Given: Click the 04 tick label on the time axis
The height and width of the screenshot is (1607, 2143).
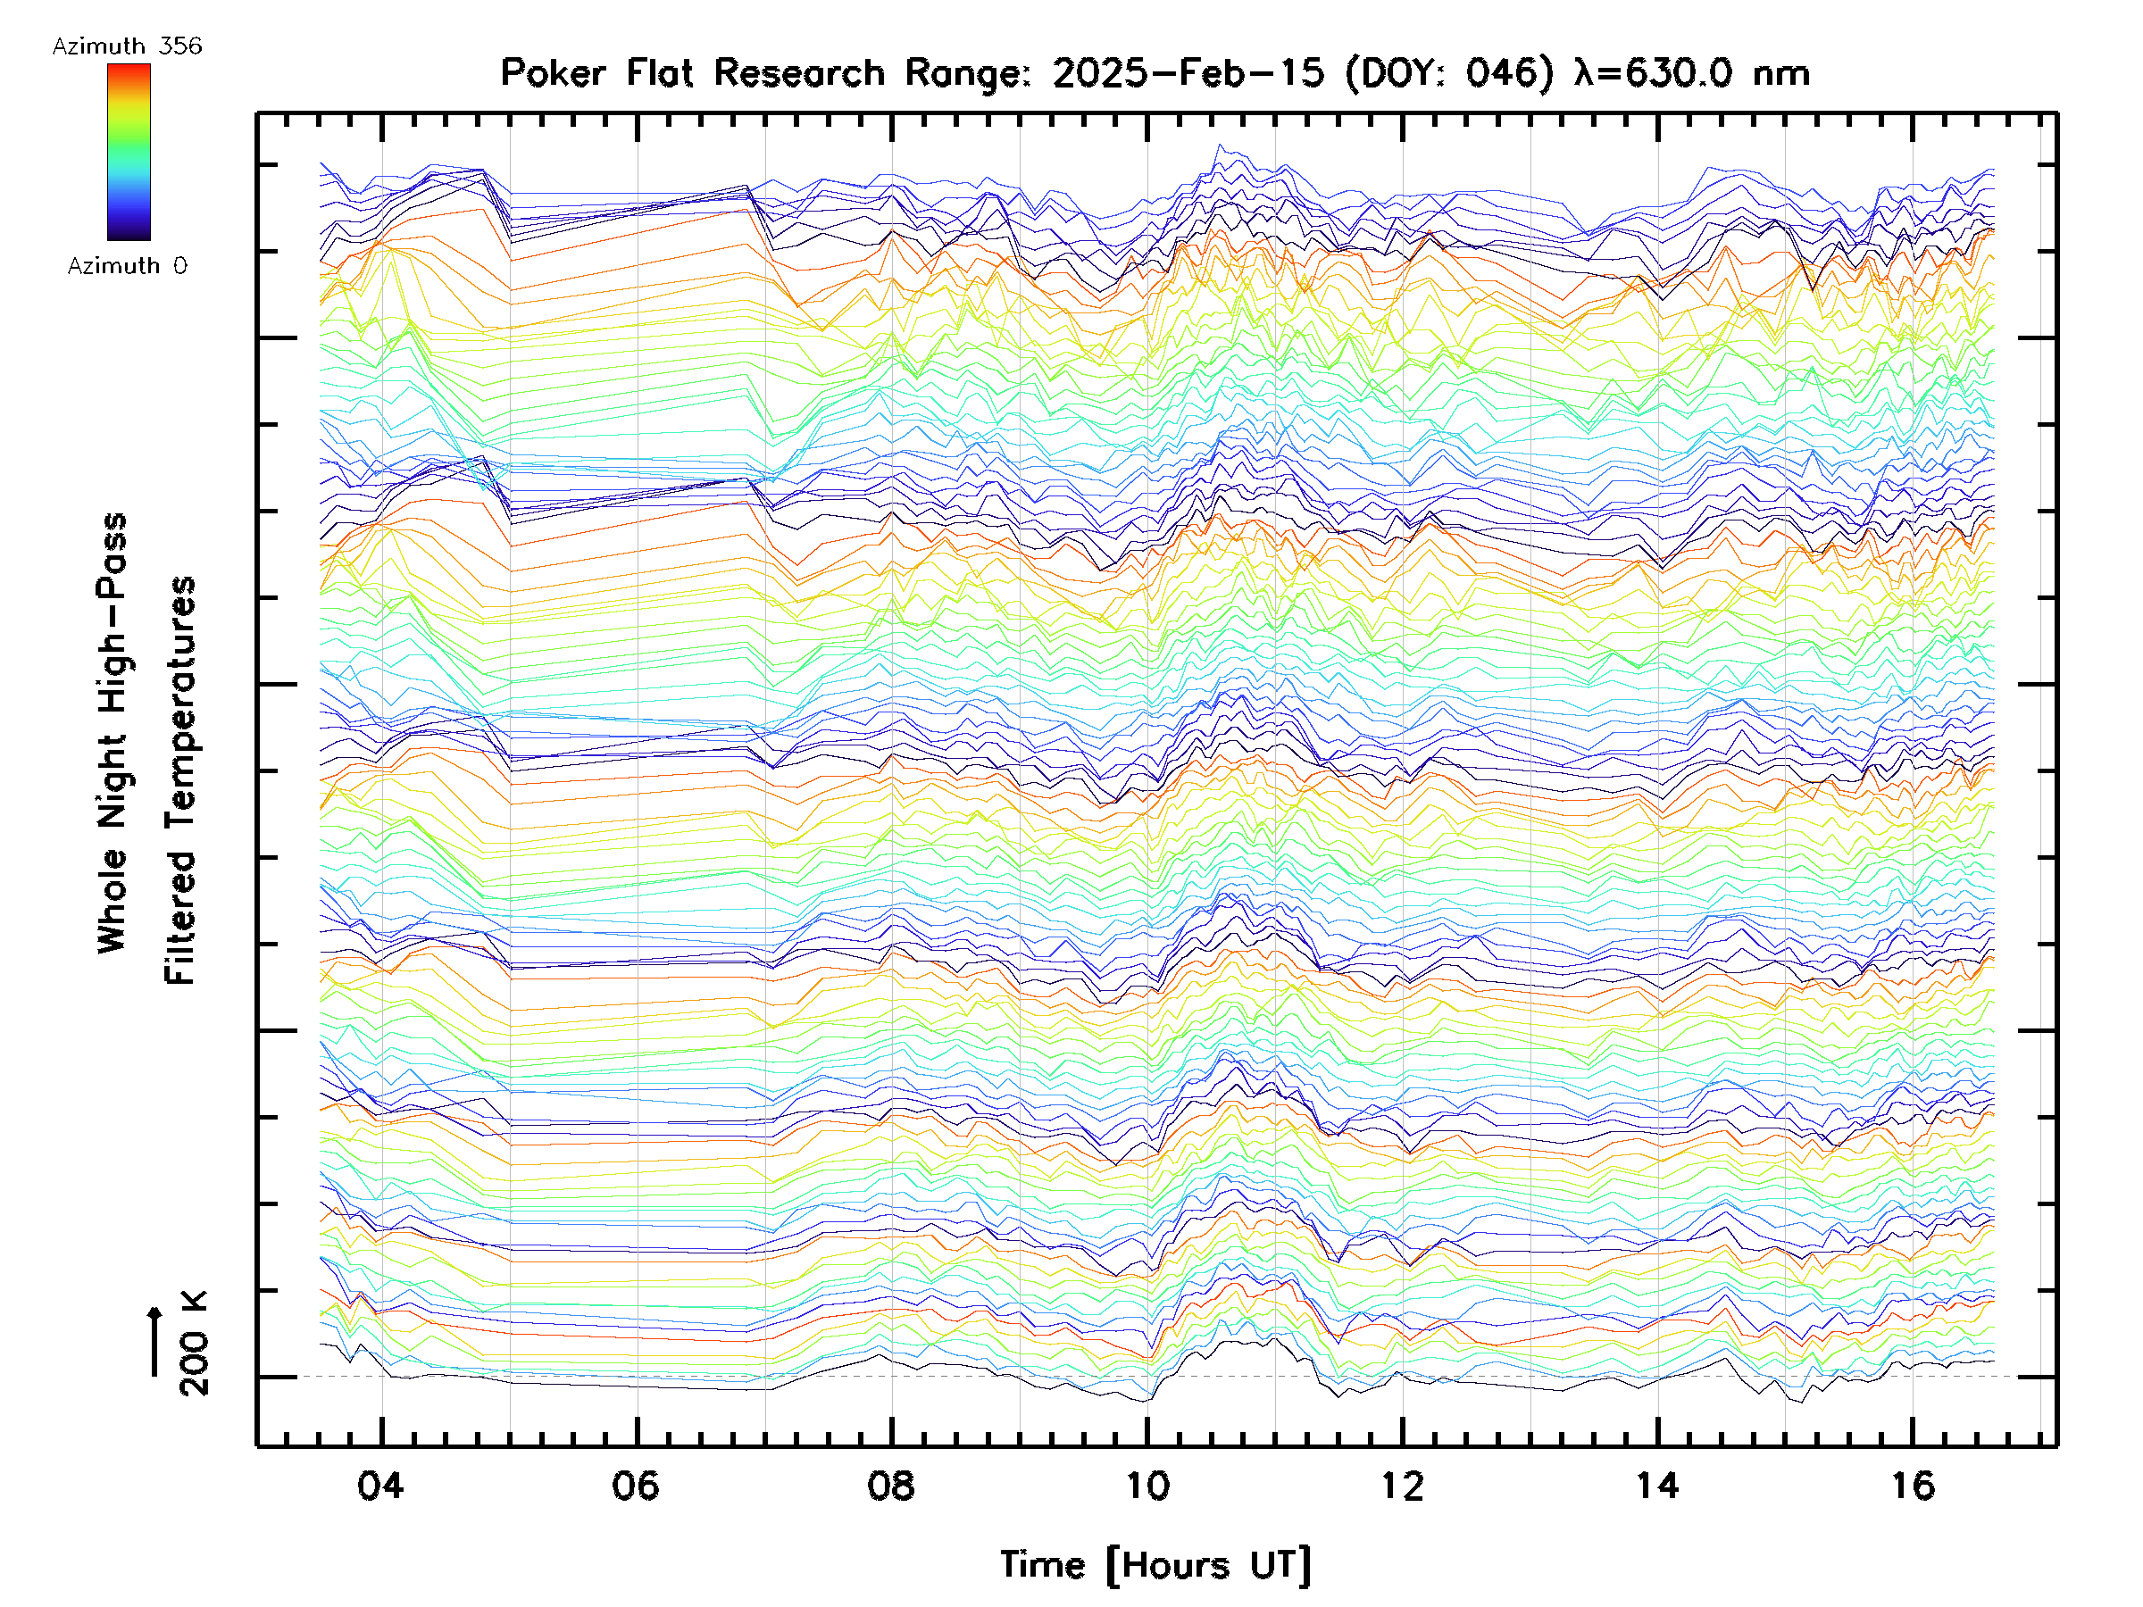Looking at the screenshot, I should click(x=379, y=1485).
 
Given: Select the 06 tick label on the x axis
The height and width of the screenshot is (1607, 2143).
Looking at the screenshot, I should click(x=636, y=1485).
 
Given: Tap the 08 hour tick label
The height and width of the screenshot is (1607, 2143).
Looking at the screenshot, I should click(x=890, y=1485).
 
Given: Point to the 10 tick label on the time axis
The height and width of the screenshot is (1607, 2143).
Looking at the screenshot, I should click(x=1147, y=1485).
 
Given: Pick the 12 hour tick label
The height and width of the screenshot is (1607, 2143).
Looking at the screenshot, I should click(x=1402, y=1485).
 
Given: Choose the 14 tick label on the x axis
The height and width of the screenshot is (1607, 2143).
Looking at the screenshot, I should click(x=1657, y=1485).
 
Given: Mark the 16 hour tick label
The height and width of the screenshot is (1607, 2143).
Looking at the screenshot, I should click(x=1914, y=1485).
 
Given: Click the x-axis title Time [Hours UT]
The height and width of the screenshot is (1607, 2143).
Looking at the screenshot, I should click(x=1155, y=1565).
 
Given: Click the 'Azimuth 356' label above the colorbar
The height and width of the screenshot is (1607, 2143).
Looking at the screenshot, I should click(x=127, y=46).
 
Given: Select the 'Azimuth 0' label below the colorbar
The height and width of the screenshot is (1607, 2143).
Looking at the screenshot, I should click(x=127, y=265).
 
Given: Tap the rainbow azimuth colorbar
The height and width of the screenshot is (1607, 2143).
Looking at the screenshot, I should click(x=129, y=151).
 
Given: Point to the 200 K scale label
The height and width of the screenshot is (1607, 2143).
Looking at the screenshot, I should click(x=195, y=1344).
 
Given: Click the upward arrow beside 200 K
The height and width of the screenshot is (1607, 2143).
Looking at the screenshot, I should click(x=155, y=1341).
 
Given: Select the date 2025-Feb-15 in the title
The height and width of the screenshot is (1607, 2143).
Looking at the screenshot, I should click(x=1188, y=73).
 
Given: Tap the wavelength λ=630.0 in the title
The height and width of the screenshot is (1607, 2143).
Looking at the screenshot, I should click(x=1655, y=73).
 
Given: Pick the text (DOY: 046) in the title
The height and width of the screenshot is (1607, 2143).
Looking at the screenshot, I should click(x=1448, y=73).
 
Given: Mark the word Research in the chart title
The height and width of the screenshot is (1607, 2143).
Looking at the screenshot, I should click(x=799, y=73).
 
